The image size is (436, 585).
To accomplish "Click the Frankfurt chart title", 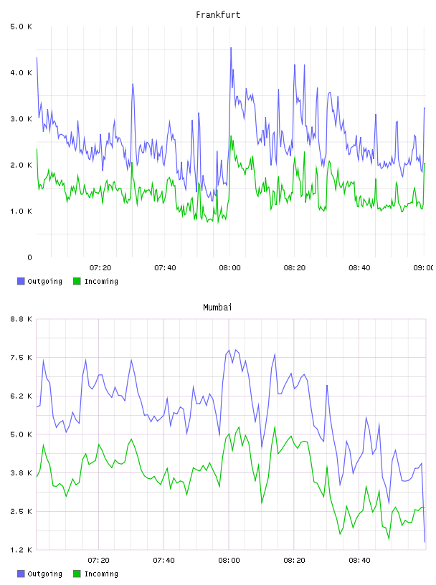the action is click(218, 15).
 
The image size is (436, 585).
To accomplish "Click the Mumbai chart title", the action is click(217, 308).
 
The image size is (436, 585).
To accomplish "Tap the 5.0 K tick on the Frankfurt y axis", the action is click(21, 27).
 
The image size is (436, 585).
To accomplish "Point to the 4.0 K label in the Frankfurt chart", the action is click(21, 72).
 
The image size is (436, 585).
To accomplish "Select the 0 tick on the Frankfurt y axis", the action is click(29, 257).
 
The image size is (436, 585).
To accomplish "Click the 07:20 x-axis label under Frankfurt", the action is click(100, 268).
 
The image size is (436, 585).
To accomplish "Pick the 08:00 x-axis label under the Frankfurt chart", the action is click(229, 268).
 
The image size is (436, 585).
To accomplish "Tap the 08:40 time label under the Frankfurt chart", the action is click(359, 268).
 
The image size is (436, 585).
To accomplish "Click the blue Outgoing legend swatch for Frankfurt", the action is click(21, 281).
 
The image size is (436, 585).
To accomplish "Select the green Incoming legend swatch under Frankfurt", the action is click(77, 281).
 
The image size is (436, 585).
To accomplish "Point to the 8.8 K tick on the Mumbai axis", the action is click(21, 319).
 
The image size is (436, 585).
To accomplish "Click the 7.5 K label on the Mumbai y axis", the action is click(21, 358).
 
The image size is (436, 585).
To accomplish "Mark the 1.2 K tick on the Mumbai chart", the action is click(21, 550).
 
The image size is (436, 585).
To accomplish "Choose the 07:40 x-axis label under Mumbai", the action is click(163, 561).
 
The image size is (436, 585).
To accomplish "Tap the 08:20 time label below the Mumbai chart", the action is click(294, 561).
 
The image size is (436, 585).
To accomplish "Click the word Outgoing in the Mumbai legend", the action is click(44, 574).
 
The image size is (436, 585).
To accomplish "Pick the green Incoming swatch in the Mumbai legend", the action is click(77, 574).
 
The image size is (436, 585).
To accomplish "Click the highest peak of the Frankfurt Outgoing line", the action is click(231, 48).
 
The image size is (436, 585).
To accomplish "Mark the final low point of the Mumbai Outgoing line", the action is click(425, 541).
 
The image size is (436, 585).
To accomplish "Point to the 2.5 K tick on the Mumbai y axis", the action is click(21, 511).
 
